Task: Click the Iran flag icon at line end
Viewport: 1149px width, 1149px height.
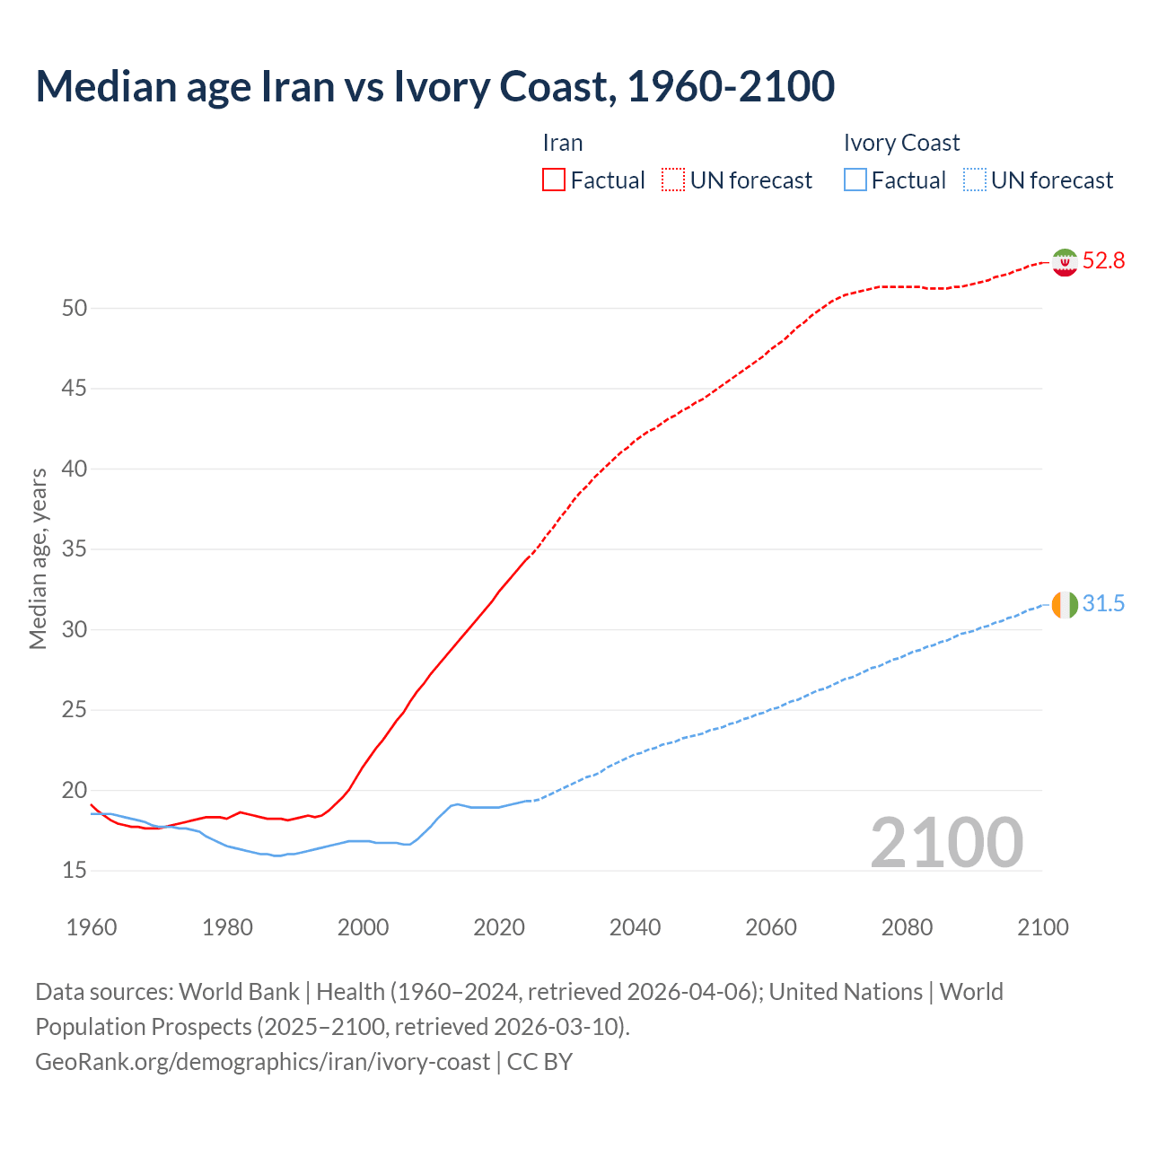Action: [1065, 262]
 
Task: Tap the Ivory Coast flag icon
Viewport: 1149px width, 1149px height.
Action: [1065, 605]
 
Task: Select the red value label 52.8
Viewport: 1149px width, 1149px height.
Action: [1103, 261]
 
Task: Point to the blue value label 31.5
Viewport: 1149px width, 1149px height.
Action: [1103, 604]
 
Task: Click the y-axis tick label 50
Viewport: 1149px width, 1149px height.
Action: [75, 309]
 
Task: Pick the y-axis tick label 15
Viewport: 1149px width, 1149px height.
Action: [75, 871]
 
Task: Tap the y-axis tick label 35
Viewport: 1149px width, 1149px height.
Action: [75, 549]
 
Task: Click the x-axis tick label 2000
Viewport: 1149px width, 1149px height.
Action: [363, 927]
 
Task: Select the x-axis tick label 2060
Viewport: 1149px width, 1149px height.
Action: [771, 927]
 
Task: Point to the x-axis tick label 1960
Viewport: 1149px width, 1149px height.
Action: [92, 927]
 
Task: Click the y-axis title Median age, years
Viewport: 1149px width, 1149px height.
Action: [38, 558]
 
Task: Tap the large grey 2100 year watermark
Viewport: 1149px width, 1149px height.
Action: [947, 843]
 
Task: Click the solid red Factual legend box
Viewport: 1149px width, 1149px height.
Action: [554, 180]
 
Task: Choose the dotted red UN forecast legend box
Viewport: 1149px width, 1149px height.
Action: [673, 180]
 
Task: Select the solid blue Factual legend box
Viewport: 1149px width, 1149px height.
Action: [855, 180]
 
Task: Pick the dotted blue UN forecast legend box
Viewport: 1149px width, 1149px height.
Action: [974, 180]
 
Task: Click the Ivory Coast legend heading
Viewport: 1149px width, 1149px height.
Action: [901, 144]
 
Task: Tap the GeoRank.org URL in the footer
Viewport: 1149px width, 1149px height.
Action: [262, 1062]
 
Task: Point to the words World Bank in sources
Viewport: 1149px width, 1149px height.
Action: [239, 992]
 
